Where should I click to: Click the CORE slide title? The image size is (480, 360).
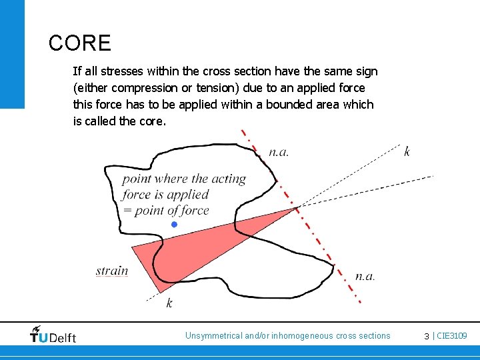tap(79, 43)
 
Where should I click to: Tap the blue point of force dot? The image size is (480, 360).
tap(174, 225)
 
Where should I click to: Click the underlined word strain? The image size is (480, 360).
tap(111, 271)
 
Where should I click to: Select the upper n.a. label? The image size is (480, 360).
tap(279, 151)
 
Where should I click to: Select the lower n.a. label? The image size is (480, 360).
tap(365, 275)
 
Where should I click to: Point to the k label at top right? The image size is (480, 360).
tap(407, 151)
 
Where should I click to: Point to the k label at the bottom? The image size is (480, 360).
tap(169, 303)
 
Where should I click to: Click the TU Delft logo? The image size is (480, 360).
tap(53, 335)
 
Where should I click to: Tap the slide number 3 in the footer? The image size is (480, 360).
tap(427, 336)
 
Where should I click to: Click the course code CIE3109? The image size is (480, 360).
tap(452, 336)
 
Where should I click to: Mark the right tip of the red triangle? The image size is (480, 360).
tap(296, 209)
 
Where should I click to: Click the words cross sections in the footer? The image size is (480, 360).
tap(363, 336)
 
